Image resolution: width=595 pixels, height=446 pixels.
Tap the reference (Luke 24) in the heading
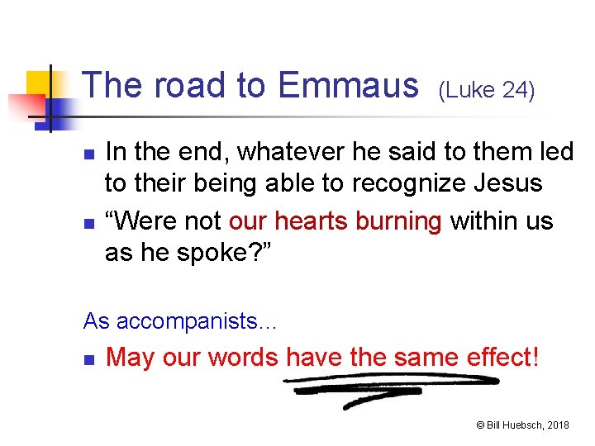coord(487,89)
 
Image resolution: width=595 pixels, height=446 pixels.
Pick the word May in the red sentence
coord(128,358)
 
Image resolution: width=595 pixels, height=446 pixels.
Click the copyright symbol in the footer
coord(480,425)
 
